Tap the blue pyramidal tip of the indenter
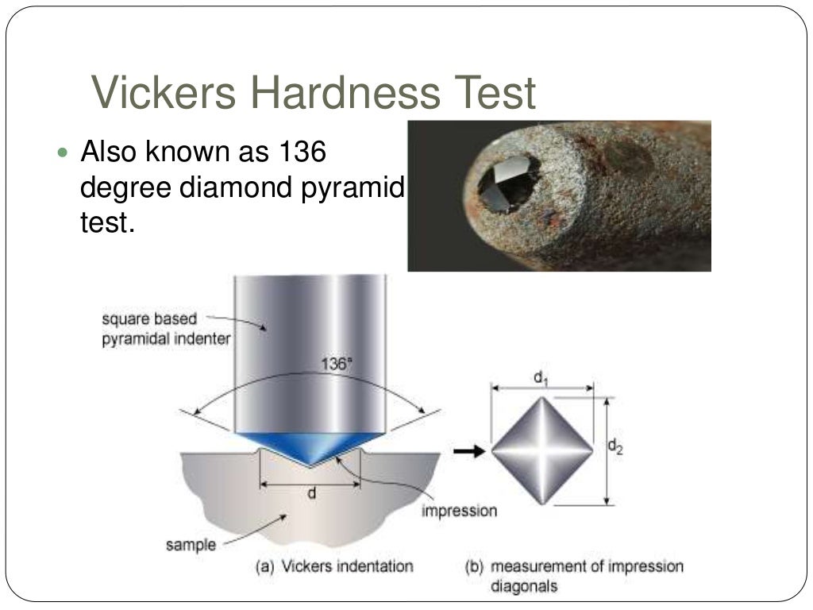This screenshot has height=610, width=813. pos(310,445)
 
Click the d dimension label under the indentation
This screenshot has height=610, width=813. pos(312,493)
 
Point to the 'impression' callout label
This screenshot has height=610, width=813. pos(459,509)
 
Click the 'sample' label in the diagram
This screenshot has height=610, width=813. pos(191,545)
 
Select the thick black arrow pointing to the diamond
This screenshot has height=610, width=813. pos(467,451)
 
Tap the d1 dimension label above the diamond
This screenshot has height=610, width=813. pos(541,378)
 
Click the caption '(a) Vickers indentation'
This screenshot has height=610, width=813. pos(333,566)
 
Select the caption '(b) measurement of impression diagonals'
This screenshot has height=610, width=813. pos(573,576)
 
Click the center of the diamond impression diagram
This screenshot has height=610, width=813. pos(543,451)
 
